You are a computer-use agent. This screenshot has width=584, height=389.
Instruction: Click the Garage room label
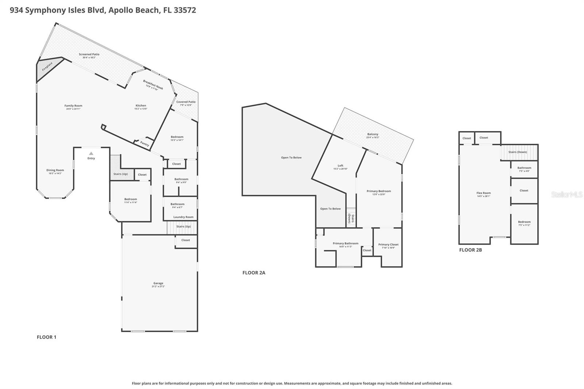point(158,283)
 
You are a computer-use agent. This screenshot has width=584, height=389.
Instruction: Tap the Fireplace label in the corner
point(47,66)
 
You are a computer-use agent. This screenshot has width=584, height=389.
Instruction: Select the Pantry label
point(145,144)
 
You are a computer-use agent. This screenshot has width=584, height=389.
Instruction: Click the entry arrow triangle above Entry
point(91,154)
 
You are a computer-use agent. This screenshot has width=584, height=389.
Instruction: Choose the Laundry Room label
point(183,217)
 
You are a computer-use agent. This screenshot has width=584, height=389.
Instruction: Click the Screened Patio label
point(89,54)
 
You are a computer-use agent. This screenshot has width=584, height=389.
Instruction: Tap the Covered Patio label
point(186,102)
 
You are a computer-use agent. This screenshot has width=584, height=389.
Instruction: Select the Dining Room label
point(55,170)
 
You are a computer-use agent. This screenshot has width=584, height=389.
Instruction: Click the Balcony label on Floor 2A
point(373,134)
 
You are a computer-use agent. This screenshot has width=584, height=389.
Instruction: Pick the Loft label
point(340,166)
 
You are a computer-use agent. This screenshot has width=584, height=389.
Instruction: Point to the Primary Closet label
point(388,244)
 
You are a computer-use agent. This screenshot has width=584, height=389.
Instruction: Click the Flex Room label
point(484,193)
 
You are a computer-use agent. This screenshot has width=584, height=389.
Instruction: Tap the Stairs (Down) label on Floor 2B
point(518,152)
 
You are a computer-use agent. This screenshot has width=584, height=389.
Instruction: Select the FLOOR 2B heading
point(470,250)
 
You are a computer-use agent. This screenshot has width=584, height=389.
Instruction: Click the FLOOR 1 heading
point(46,337)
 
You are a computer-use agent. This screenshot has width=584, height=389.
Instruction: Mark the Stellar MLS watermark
point(566,195)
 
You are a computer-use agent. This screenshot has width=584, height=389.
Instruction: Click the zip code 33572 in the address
point(185,10)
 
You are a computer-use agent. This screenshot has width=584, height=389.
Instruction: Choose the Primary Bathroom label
point(345,243)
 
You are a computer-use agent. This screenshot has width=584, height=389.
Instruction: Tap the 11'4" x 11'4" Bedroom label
point(130,199)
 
